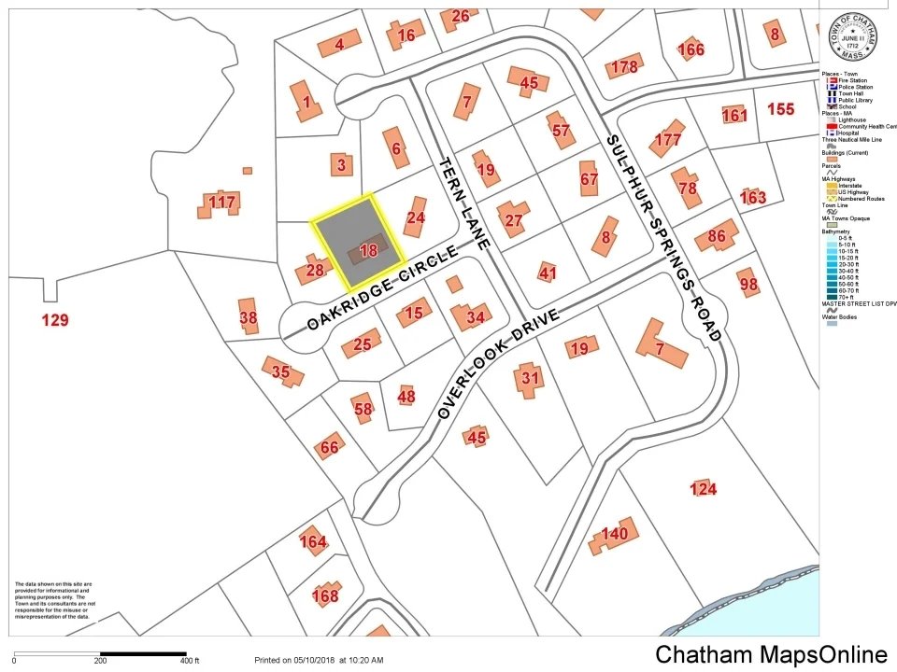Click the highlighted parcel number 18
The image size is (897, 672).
368,250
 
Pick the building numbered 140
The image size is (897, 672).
614,535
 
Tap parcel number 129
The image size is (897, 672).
55,320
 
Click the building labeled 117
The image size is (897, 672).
221,203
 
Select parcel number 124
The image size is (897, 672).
703,489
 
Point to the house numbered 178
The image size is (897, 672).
623,66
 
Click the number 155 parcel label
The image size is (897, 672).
780,109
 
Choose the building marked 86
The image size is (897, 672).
718,235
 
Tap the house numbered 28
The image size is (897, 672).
315,271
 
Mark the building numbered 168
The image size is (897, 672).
324,595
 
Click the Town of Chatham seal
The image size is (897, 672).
852,38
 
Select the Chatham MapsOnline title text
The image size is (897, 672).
771,654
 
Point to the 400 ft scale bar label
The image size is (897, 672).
190,661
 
